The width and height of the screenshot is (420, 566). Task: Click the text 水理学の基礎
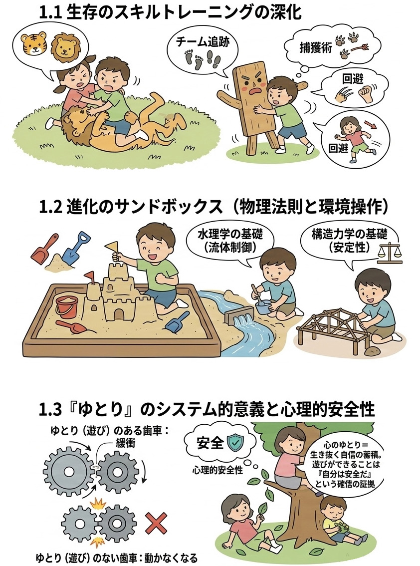(230, 235)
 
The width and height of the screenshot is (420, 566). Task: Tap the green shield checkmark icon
(235, 441)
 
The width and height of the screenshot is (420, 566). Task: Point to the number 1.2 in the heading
(50, 208)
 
